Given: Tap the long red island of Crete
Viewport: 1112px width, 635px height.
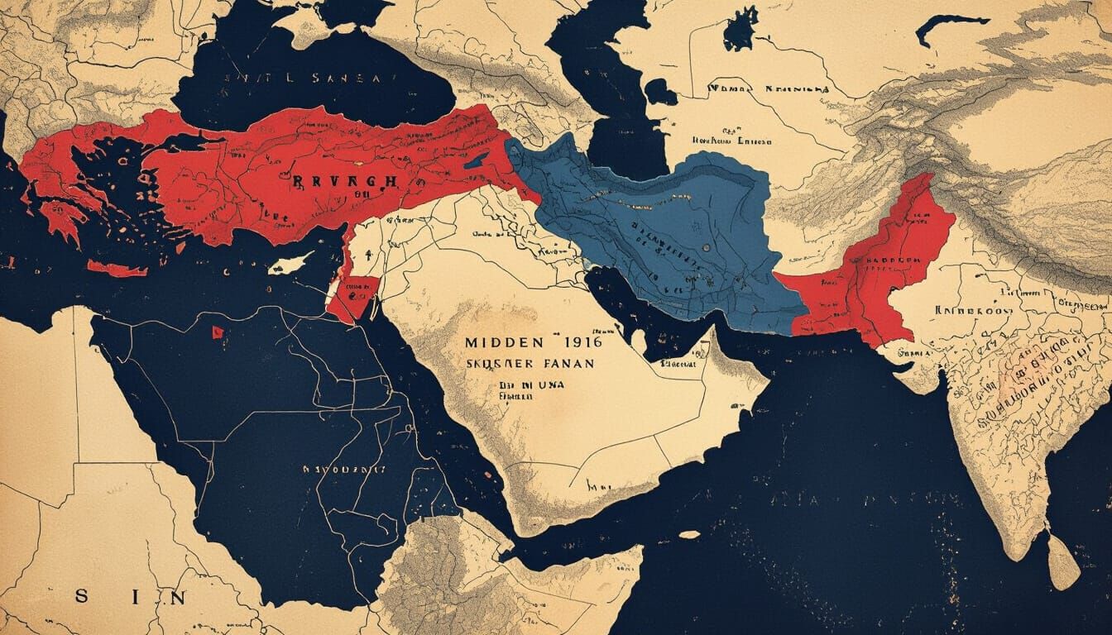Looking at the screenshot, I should pyautogui.click(x=117, y=269).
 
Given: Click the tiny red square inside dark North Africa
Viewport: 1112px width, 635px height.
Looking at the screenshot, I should pyautogui.click(x=218, y=332).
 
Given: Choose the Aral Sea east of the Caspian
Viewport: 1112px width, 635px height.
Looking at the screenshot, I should pyautogui.click(x=741, y=31).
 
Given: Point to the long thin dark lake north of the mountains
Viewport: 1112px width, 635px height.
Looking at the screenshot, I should pyautogui.click(x=951, y=25).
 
